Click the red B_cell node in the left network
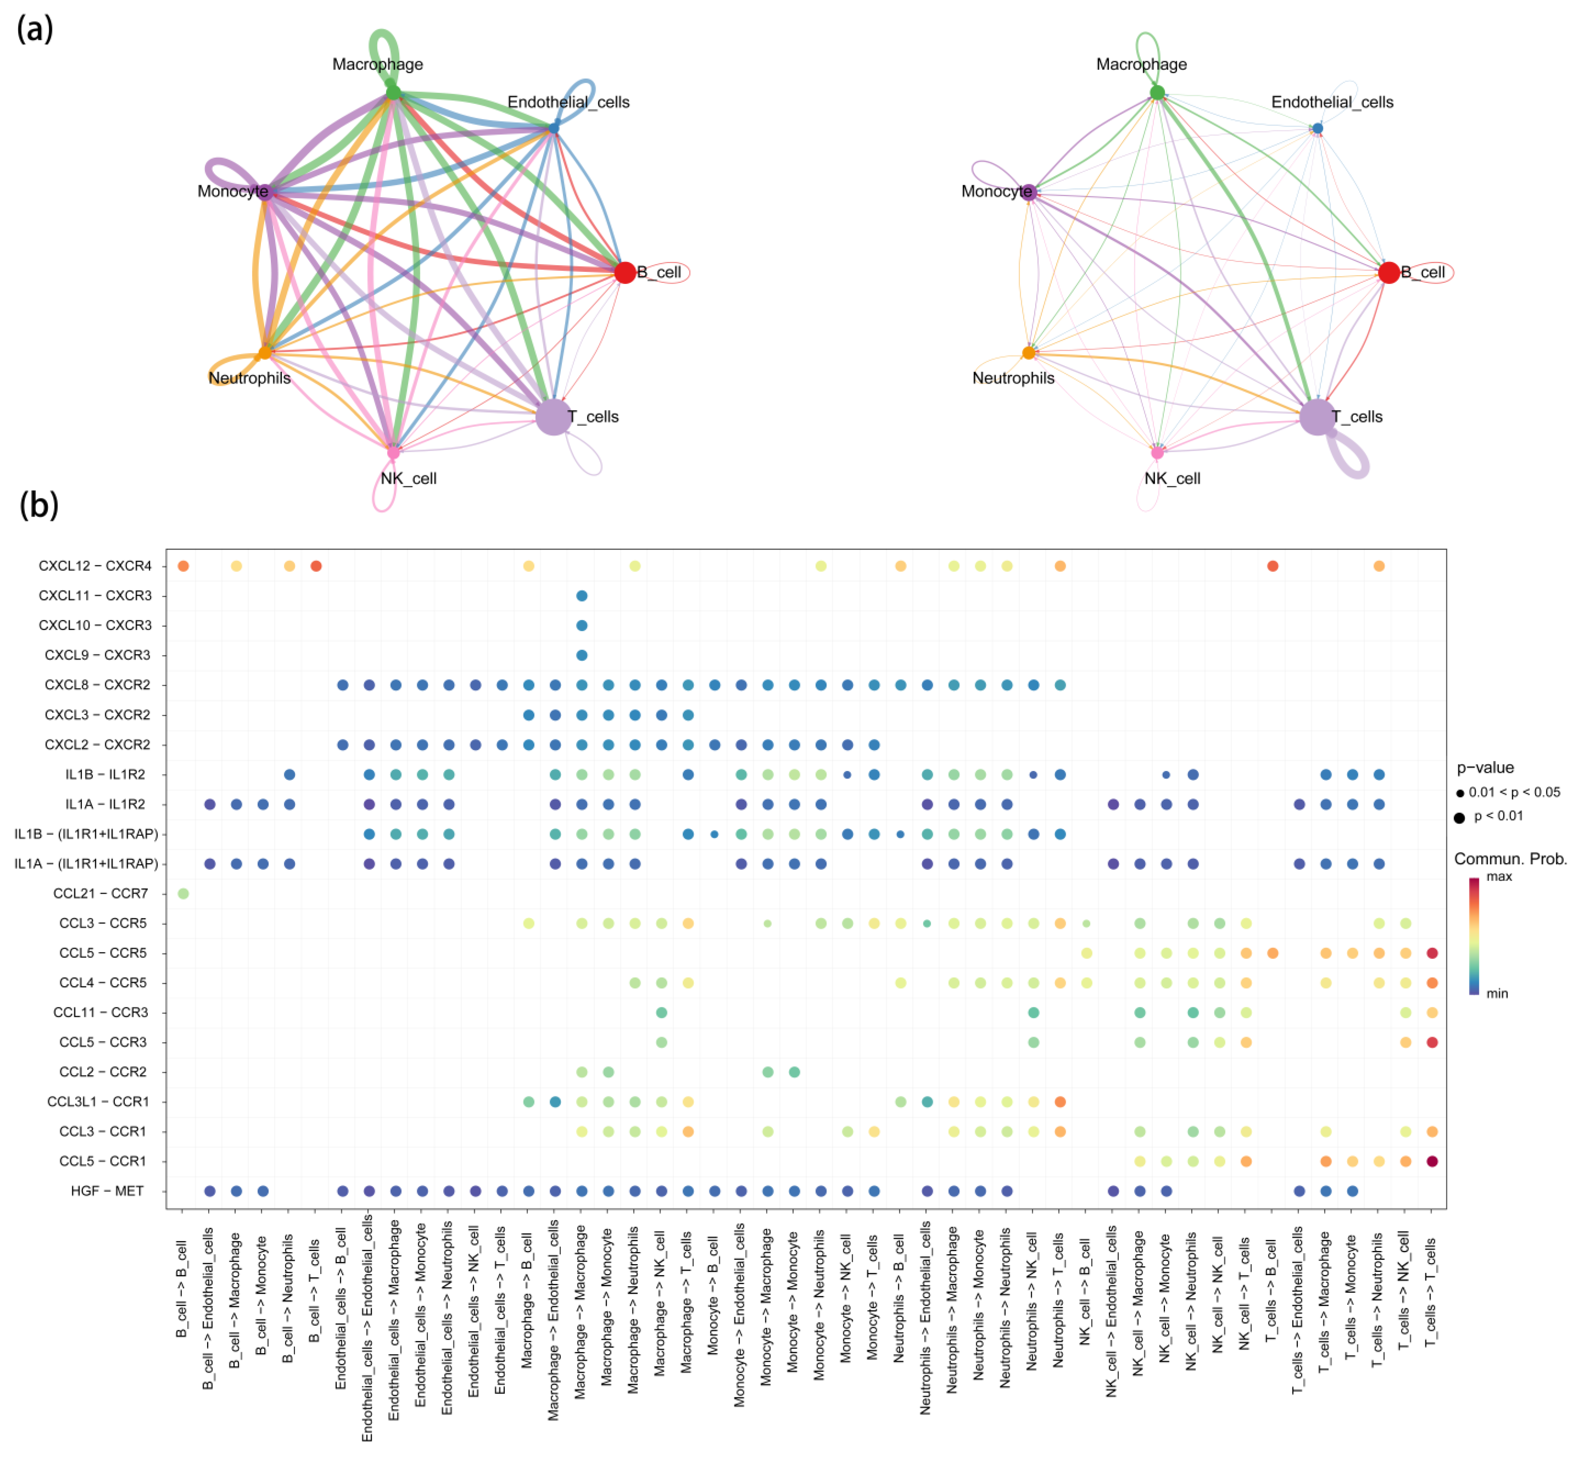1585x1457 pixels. coord(625,273)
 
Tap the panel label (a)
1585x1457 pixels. coord(35,30)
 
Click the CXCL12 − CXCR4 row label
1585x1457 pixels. coord(95,566)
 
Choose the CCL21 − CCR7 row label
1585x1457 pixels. coord(100,893)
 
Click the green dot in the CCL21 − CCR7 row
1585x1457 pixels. coord(183,893)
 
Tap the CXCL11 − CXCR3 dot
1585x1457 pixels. coord(581,596)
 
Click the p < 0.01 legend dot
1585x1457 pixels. coord(1459,817)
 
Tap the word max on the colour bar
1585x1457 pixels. coord(1499,877)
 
